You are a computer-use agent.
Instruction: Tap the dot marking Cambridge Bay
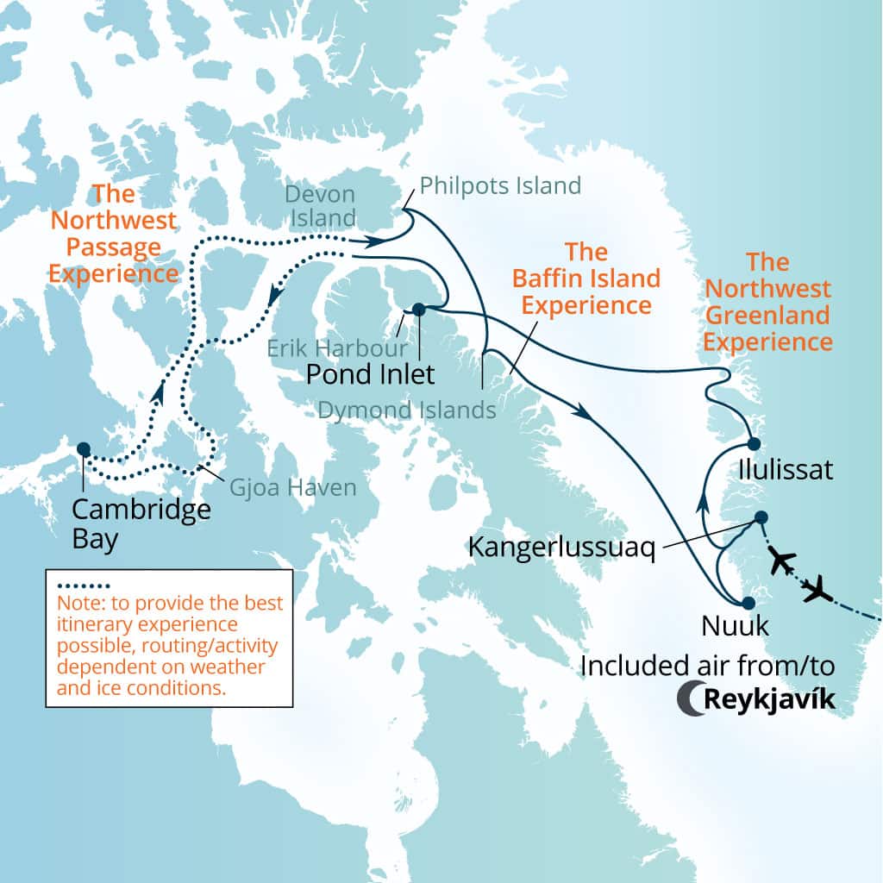(83, 448)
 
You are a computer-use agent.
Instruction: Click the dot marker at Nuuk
(748, 603)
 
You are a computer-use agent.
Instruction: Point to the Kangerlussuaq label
(560, 546)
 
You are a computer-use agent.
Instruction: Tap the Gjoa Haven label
(292, 488)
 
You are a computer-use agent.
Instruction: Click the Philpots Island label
(500, 185)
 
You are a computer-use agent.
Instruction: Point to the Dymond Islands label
(407, 410)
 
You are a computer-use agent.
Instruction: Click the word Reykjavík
(770, 698)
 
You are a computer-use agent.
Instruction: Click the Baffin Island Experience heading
(586, 279)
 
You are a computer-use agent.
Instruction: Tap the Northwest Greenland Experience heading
(767, 301)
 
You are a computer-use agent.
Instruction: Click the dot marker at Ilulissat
(754, 443)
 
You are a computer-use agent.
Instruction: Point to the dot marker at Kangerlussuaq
(761, 517)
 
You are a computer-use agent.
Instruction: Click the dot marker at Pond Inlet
(418, 309)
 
